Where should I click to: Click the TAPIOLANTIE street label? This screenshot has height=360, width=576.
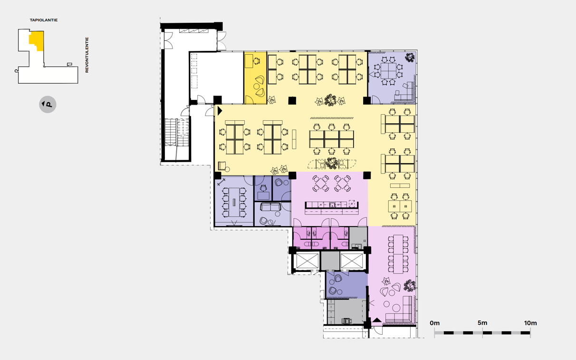pyautogui.click(x=44, y=20)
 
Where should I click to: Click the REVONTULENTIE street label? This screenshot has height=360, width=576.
pyautogui.click(x=87, y=55)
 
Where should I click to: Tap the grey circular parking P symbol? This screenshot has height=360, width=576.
pyautogui.click(x=48, y=105)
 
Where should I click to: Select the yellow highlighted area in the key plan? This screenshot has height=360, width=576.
pyautogui.click(x=37, y=40)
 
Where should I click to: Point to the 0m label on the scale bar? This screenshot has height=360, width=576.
pyautogui.click(x=434, y=323)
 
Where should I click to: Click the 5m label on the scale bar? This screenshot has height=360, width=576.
pyautogui.click(x=482, y=323)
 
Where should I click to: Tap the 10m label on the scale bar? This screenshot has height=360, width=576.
pyautogui.click(x=530, y=323)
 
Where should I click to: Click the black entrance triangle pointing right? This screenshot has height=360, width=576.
pyautogui.click(x=220, y=111)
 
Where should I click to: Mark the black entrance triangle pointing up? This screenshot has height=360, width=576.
pyautogui.click(x=377, y=320)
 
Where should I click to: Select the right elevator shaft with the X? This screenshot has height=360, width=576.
pyautogui.click(x=352, y=261)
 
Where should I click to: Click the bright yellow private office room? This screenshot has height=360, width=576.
pyautogui.click(x=255, y=78)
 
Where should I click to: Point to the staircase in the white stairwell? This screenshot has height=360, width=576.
pyautogui.click(x=177, y=133)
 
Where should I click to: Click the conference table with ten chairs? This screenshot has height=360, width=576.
pyautogui.click(x=234, y=202)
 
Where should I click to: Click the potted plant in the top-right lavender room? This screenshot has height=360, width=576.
pyautogui.click(x=410, y=57)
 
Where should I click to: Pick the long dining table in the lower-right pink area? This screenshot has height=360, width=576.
pyautogui.click(x=398, y=254)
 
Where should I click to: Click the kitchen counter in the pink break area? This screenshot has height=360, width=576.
pyautogui.click(x=332, y=208)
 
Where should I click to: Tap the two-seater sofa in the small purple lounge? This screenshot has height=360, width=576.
pyautogui.click(x=270, y=207)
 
